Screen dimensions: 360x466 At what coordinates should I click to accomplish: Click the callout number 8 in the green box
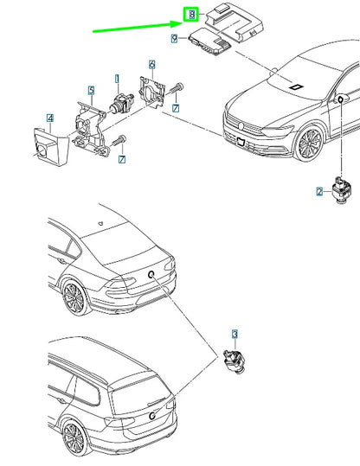click(192, 15)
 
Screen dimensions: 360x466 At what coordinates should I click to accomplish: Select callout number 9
click(174, 38)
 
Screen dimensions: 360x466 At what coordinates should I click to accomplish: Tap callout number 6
click(151, 65)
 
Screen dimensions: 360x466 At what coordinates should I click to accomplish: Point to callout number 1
click(117, 79)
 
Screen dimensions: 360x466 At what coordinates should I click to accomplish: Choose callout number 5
click(92, 90)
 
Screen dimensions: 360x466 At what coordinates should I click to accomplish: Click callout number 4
click(50, 118)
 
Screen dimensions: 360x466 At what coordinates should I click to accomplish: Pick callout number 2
click(319, 191)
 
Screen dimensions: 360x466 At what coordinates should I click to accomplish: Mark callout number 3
click(235, 335)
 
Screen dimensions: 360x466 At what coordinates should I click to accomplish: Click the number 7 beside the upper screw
click(176, 108)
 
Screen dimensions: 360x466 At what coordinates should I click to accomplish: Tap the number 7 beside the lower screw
click(122, 159)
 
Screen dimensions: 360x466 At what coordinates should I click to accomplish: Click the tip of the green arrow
click(182, 22)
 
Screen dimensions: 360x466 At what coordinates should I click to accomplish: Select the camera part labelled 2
click(341, 190)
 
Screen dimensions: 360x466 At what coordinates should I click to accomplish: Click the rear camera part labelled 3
click(235, 361)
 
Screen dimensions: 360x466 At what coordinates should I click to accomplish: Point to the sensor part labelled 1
click(122, 103)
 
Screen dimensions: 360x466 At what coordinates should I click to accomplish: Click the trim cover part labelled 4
click(51, 147)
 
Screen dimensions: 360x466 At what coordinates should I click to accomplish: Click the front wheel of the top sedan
click(310, 144)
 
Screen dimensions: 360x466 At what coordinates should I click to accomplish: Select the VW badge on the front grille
click(241, 126)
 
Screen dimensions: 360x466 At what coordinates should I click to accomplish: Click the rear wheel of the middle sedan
click(74, 298)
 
